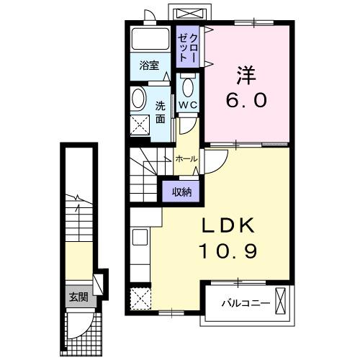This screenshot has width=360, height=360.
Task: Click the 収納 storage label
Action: click(x=181, y=191)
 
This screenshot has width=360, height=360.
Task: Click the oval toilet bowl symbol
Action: click(x=188, y=87)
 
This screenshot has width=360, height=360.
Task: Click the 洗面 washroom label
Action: click(x=160, y=112)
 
